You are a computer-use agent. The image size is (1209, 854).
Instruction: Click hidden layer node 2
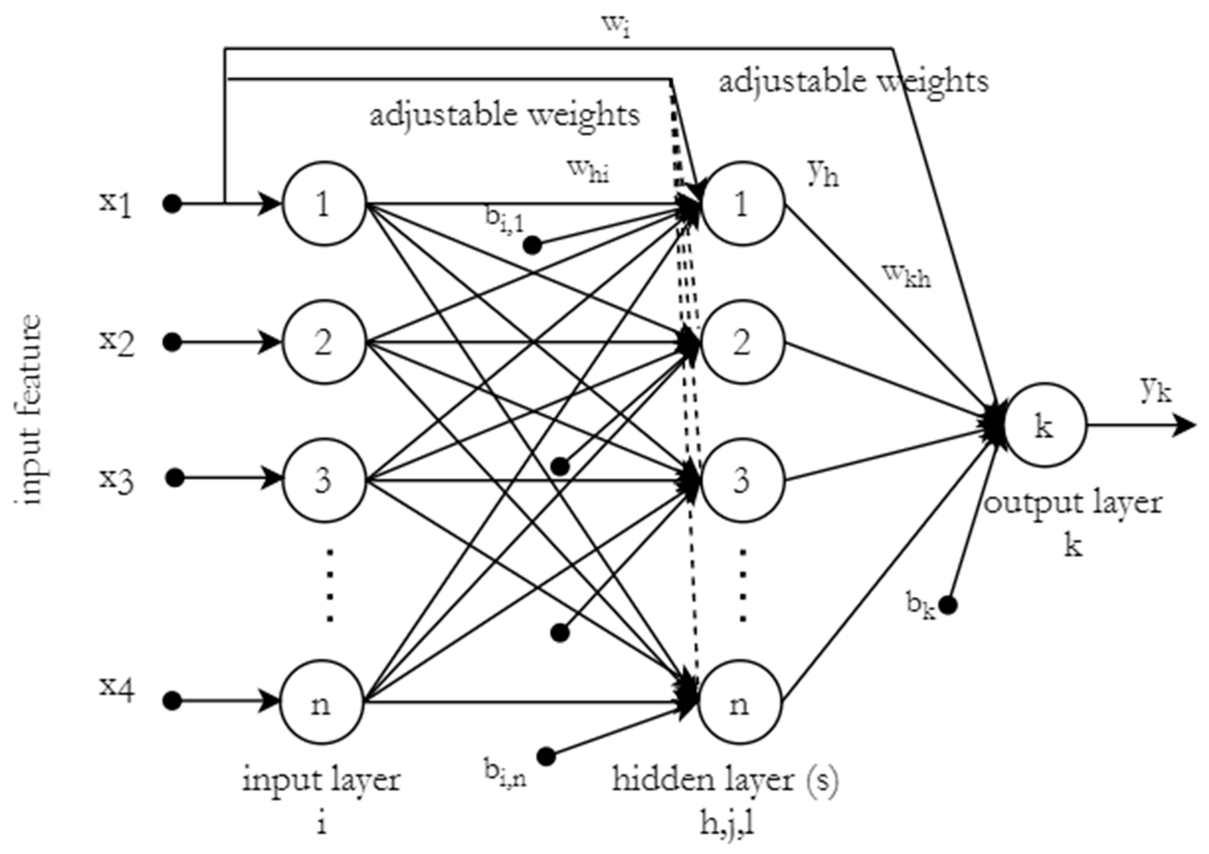point(743,343)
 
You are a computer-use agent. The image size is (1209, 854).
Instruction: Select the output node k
point(1045,425)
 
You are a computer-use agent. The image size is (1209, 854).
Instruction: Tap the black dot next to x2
point(172,343)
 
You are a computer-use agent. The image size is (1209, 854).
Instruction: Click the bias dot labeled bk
point(948,605)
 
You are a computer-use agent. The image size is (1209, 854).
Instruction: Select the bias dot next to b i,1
point(532,245)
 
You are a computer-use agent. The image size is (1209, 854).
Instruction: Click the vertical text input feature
point(27,410)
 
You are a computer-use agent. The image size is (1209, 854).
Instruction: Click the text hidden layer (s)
point(726,780)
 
